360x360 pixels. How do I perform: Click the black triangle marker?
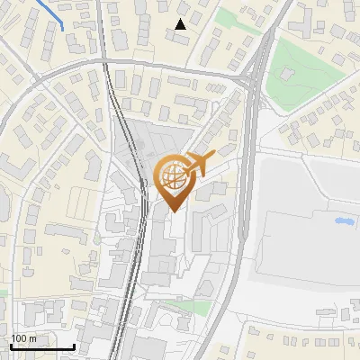(x=181, y=24)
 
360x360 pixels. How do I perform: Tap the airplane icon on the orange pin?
(x=199, y=164)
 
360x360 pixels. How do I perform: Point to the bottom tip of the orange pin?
(x=173, y=211)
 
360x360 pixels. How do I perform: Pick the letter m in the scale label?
(x=33, y=338)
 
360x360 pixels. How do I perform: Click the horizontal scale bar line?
(x=41, y=346)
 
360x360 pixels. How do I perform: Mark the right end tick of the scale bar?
(x=74, y=345)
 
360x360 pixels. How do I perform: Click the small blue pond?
(x=343, y=220)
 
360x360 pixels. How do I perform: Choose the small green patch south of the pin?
(x=184, y=307)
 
